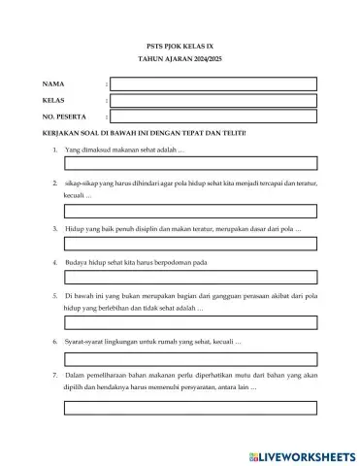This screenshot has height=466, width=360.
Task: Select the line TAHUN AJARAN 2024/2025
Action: (180, 60)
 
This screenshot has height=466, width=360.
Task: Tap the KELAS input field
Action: (213, 100)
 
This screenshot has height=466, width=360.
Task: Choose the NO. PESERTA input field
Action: (213, 116)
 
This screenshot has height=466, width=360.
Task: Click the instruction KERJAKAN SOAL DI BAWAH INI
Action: (146, 133)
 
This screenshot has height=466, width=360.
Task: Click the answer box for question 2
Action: (191, 211)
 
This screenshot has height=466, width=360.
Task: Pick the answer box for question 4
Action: (191, 278)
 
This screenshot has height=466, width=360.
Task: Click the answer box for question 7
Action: (191, 408)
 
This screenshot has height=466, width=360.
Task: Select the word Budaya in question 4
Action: (78, 262)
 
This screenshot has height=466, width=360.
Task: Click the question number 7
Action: (53, 375)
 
